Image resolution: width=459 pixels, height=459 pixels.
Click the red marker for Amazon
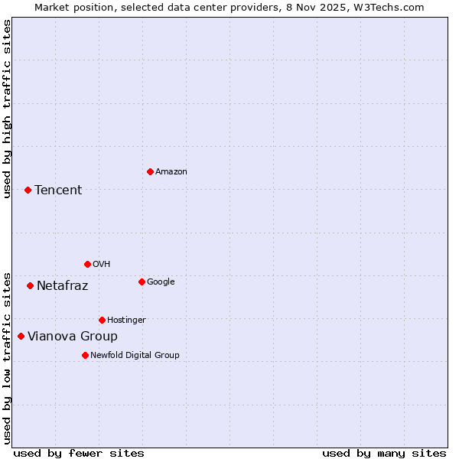[150, 171]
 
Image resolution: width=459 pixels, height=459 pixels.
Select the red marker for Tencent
[28, 190]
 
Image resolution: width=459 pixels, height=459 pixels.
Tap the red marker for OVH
[87, 264]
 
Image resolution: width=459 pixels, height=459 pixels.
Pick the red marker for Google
[142, 282]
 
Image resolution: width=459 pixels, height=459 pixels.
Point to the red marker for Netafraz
[30, 285]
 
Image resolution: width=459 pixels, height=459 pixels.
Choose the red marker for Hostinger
[102, 320]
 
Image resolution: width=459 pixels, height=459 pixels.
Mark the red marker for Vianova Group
[21, 336]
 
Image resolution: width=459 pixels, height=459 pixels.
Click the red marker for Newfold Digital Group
[85, 355]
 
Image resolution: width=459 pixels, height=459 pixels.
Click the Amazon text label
[171, 172]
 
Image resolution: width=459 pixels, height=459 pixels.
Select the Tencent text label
[58, 190]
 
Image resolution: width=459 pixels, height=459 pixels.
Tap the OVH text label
[101, 265]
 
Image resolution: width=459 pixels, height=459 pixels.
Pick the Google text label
[161, 282]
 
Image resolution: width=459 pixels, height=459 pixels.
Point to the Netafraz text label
[62, 286]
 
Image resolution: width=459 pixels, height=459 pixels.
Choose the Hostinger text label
[126, 321]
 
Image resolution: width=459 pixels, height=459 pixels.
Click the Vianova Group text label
[73, 337]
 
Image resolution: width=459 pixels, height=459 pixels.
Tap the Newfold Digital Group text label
[135, 356]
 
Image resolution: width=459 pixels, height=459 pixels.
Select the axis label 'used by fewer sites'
[79, 453]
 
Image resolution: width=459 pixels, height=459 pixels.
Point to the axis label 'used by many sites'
[384, 453]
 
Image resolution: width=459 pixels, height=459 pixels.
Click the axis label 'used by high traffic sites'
[7, 109]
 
